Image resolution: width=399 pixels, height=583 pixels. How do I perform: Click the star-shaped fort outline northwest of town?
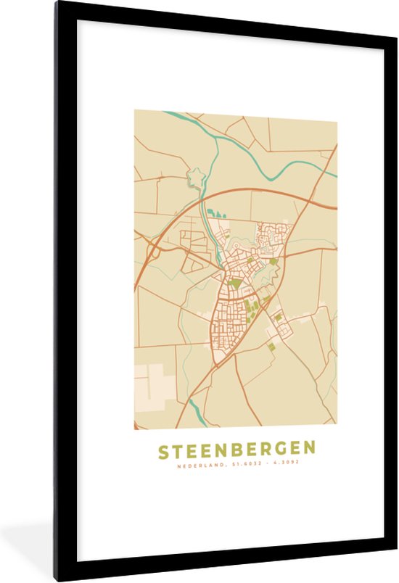(195, 177)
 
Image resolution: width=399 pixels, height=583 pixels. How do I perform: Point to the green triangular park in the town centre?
(236, 283)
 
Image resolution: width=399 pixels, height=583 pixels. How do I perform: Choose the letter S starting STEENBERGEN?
(164, 450)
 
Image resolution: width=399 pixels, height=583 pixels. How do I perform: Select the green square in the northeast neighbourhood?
(273, 262)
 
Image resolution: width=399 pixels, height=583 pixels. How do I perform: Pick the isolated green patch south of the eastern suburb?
(272, 347)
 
